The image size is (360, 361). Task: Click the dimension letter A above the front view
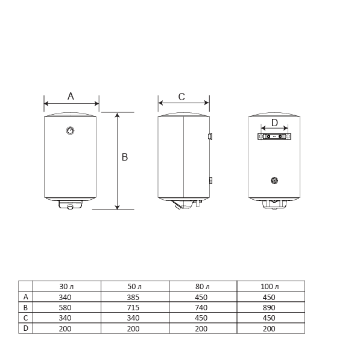71,96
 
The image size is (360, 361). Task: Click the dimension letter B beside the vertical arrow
125,157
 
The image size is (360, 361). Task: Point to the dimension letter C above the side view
182,97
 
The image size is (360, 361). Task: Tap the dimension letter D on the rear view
274,123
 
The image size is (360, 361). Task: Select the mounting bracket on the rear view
274,137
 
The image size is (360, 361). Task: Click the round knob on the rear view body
274,180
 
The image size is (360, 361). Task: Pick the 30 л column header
66,286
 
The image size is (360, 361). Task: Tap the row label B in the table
25,307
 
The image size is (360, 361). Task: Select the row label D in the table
25,328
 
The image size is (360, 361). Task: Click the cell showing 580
66,307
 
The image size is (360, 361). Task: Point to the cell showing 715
134,307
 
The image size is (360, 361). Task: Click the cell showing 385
134,297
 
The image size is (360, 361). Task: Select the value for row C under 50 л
134,318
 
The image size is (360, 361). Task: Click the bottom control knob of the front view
71,208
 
